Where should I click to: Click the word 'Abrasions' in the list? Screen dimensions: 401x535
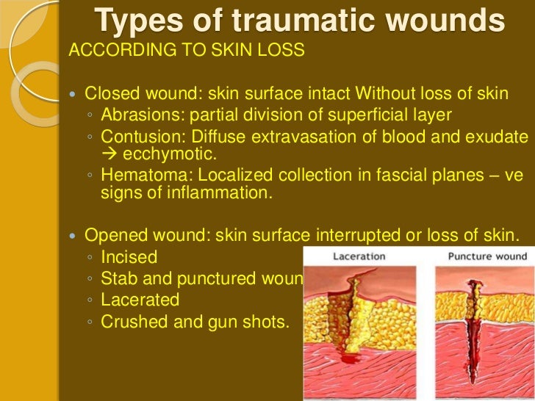[x=139, y=115]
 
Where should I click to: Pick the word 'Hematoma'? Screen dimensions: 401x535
[x=140, y=176]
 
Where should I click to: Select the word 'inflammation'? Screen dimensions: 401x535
[x=221, y=193]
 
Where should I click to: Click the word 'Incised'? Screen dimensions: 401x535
[x=129, y=258]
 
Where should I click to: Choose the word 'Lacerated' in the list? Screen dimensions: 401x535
[x=140, y=300]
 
